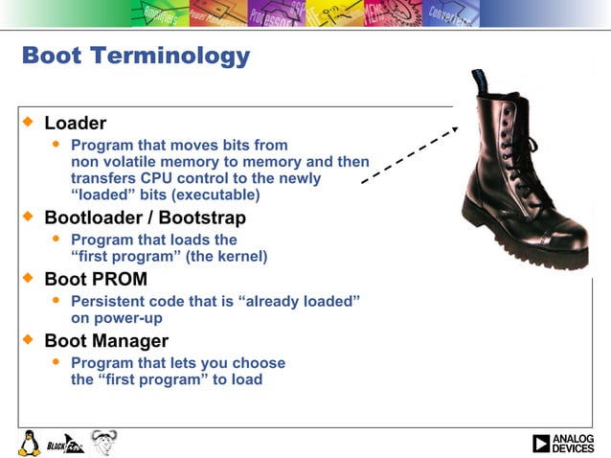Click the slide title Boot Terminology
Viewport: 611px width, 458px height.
tap(135, 56)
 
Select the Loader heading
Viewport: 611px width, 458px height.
tap(75, 124)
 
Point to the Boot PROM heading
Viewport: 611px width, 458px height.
tap(96, 280)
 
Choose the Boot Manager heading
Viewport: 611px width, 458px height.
tap(106, 341)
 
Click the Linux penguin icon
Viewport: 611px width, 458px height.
tap(29, 443)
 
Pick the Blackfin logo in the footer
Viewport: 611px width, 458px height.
tap(65, 443)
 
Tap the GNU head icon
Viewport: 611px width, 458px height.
tap(103, 442)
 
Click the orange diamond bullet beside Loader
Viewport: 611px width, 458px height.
tap(29, 123)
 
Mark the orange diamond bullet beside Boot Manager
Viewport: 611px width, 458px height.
tap(29, 340)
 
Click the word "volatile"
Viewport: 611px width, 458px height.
tap(128, 162)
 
